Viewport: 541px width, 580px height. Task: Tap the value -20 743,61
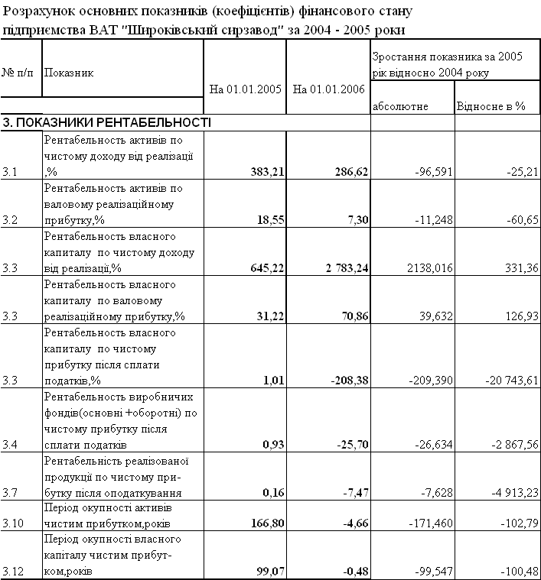coord(501,381)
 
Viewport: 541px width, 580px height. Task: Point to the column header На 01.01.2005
coord(245,89)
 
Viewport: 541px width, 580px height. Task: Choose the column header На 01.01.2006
coord(328,89)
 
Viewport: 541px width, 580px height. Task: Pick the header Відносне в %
coord(490,106)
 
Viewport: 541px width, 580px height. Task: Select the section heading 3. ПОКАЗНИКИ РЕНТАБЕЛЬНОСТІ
coord(106,123)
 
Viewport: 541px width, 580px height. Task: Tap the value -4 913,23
coord(504,492)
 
